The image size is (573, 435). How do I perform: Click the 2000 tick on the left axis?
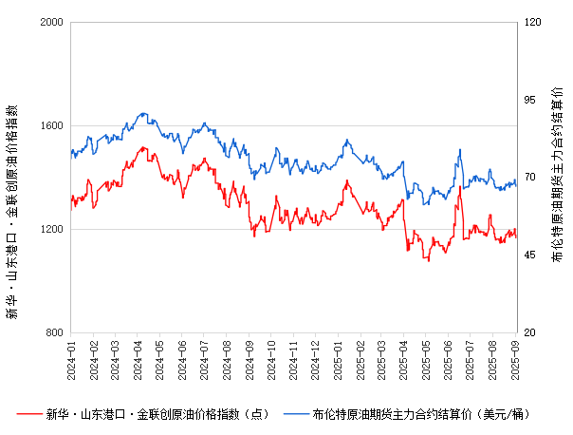pyautogui.click(x=51, y=22)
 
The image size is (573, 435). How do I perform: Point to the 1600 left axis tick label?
pyautogui.click(x=51, y=125)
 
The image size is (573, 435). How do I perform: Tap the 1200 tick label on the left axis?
pyautogui.click(x=51, y=229)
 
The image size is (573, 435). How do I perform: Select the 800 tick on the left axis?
pyautogui.click(x=55, y=332)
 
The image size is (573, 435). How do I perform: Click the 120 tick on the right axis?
pyautogui.click(x=531, y=22)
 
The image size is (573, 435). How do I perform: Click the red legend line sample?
pyautogui.click(x=30, y=414)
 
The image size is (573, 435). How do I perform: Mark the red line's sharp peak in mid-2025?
pyautogui.click(x=460, y=186)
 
